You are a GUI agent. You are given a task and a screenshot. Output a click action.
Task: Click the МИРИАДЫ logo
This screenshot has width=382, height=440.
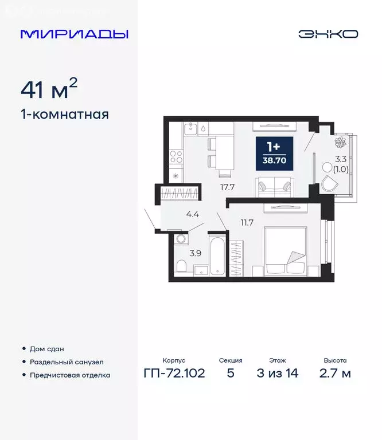(75, 34)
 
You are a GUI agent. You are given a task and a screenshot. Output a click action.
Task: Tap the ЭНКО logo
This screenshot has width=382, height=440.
(328, 34)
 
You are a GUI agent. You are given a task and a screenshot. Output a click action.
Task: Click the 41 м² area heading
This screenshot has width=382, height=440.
(49, 89)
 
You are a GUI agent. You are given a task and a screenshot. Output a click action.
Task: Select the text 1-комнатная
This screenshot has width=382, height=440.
(65, 114)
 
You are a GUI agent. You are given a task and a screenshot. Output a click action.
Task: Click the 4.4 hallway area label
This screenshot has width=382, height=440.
(193, 215)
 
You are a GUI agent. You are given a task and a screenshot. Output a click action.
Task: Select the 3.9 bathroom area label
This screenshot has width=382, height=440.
(196, 253)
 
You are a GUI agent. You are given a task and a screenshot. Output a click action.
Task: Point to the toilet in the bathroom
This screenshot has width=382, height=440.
(181, 266)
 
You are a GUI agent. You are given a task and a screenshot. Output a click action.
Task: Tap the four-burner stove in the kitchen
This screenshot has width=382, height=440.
(176, 155)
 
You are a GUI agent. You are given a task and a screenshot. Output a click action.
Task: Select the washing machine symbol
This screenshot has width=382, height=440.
(182, 239)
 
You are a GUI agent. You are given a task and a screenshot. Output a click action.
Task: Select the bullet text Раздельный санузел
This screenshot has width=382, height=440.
(67, 362)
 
